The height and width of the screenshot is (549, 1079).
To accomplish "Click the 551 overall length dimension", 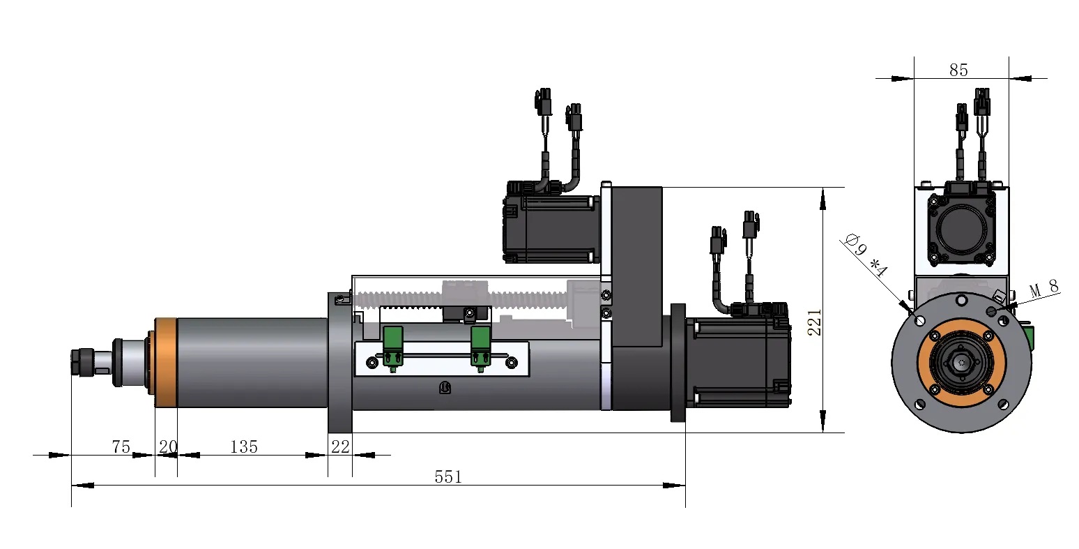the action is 448,476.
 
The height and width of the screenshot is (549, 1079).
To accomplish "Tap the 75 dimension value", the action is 121,447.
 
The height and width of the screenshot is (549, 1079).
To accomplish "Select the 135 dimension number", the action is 244,447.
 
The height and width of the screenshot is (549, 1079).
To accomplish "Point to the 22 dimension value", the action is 340,447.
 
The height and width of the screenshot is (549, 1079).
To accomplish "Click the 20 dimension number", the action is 168,447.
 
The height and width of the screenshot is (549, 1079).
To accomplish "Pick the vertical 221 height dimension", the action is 814,322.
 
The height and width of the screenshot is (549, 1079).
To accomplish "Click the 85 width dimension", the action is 958,70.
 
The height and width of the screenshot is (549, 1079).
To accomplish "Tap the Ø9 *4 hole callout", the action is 867,255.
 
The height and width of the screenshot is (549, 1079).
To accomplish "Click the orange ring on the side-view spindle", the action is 166,363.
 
